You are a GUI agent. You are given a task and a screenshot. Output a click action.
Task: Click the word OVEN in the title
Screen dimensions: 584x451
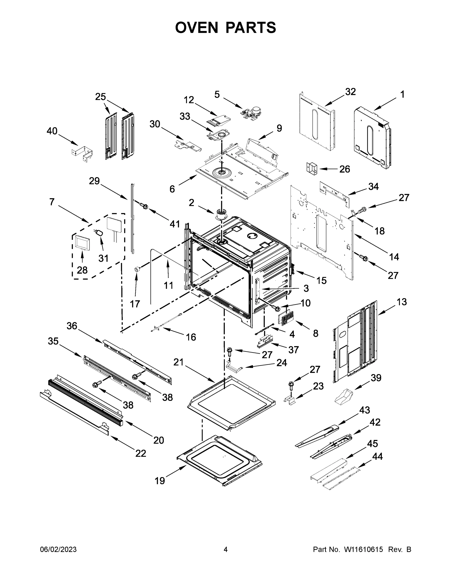pyautogui.click(x=197, y=27)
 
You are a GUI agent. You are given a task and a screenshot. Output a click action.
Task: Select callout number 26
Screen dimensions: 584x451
pyautogui.click(x=345, y=169)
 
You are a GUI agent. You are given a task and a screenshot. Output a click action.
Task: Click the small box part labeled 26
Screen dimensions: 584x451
pyautogui.click(x=311, y=168)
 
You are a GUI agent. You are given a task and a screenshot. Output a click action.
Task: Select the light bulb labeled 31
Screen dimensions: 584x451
pyautogui.click(x=99, y=232)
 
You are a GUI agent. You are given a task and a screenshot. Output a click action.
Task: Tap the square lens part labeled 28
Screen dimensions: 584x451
pyautogui.click(x=82, y=243)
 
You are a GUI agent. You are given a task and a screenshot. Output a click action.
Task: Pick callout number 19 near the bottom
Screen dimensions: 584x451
pyautogui.click(x=160, y=481)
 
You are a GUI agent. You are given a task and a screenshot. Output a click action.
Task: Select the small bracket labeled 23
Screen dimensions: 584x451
pyautogui.click(x=290, y=400)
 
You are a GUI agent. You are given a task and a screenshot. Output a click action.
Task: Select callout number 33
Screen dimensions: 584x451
pyautogui.click(x=185, y=116)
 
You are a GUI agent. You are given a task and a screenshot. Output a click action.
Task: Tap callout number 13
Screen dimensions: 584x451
pyautogui.click(x=402, y=302)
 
